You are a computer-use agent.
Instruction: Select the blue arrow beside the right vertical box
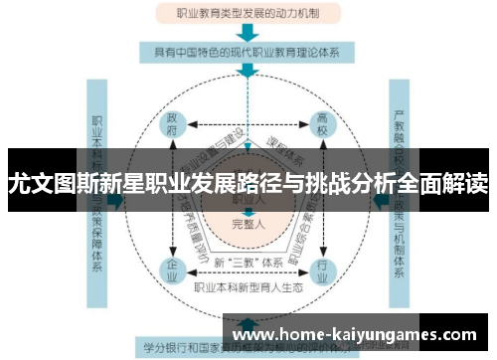pos(379,199)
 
